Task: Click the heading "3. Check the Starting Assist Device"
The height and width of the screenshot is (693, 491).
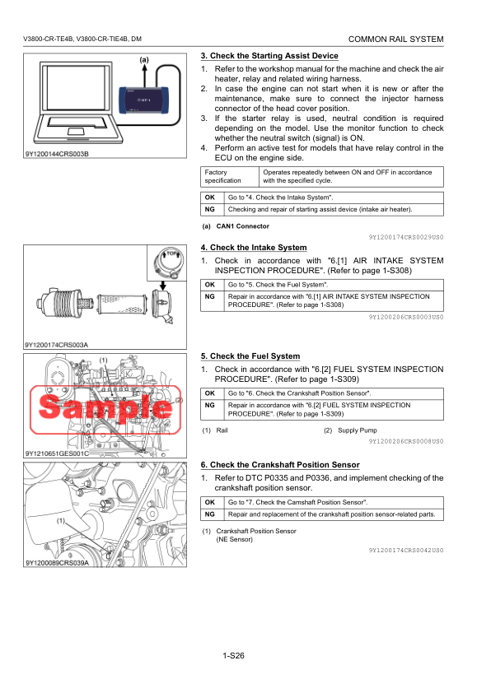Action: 269,56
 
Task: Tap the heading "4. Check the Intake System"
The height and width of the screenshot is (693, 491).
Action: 254,248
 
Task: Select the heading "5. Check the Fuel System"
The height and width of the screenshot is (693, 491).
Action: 250,356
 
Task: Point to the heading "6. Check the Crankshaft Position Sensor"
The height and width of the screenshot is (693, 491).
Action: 280,465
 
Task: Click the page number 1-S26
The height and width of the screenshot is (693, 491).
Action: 234,655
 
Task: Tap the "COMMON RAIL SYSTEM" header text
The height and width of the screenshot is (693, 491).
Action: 396,39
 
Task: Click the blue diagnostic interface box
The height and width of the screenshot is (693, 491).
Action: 144,100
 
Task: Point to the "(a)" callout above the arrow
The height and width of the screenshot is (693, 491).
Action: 144,59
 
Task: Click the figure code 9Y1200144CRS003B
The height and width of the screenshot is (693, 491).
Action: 57,154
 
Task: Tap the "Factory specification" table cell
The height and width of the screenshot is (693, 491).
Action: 230,176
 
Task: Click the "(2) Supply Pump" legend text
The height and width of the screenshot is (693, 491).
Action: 350,430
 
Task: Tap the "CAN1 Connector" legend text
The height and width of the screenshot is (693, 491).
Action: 243,226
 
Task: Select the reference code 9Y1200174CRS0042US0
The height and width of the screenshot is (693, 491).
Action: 406,551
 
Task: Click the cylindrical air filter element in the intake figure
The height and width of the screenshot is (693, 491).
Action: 122,305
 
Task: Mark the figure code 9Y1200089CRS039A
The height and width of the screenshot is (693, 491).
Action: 58,563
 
